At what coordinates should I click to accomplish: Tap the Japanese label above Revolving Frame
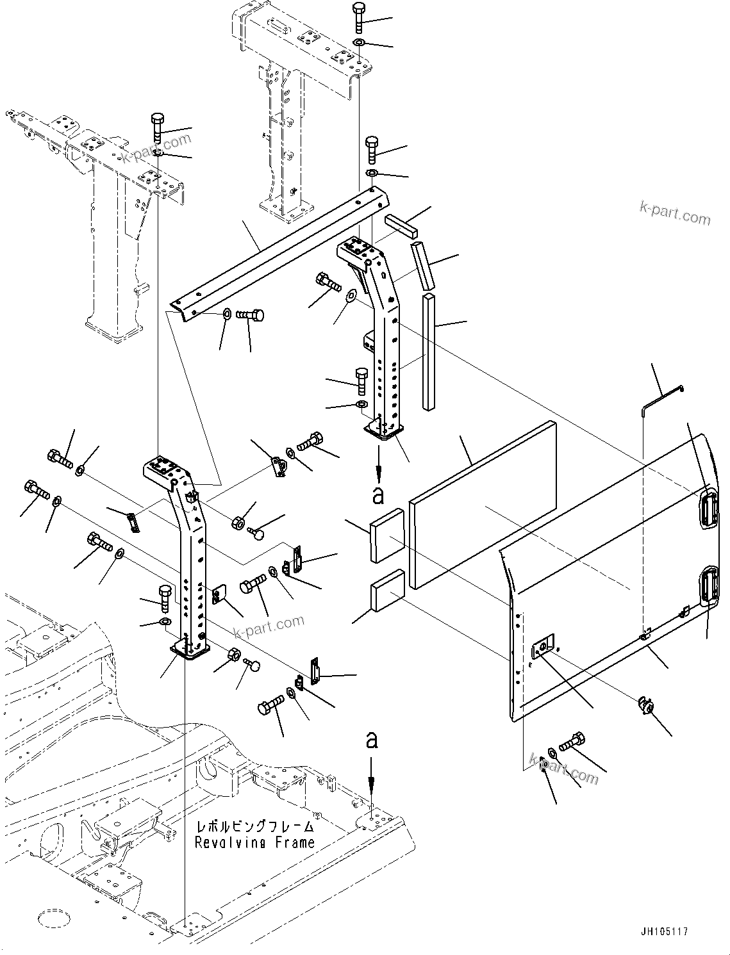254,826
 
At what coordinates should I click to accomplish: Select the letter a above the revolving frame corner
371,741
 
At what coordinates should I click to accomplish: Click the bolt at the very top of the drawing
358,17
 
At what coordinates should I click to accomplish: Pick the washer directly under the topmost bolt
359,43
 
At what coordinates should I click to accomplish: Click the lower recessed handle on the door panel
708,586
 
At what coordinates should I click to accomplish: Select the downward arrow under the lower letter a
371,774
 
